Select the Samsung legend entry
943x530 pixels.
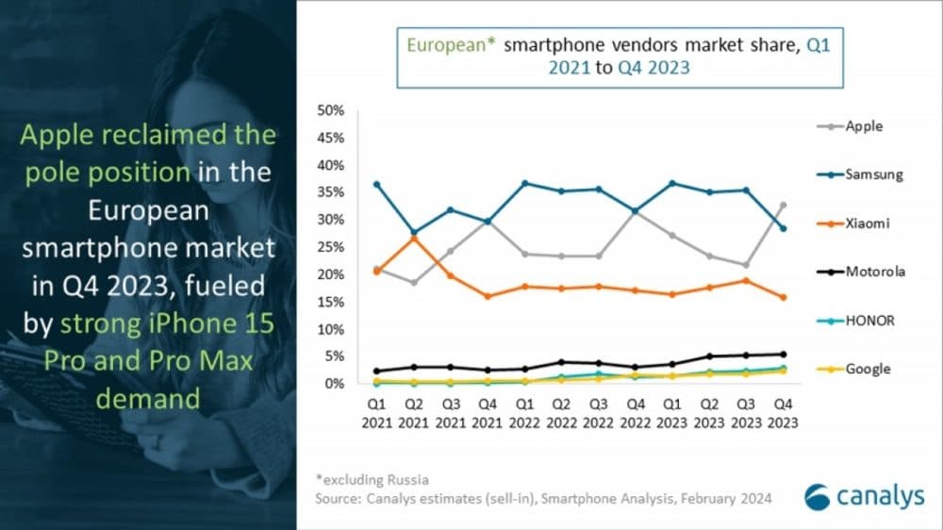coord(873,174)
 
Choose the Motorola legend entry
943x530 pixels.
coord(875,272)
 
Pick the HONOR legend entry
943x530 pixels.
coord(869,321)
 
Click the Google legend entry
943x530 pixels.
coord(868,369)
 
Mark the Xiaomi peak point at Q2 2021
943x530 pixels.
coord(413,238)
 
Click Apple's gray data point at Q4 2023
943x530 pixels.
coord(782,205)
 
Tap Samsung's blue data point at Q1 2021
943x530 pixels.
coord(376,184)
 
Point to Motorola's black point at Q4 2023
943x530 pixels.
coord(782,355)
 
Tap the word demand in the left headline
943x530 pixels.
coord(149,399)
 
